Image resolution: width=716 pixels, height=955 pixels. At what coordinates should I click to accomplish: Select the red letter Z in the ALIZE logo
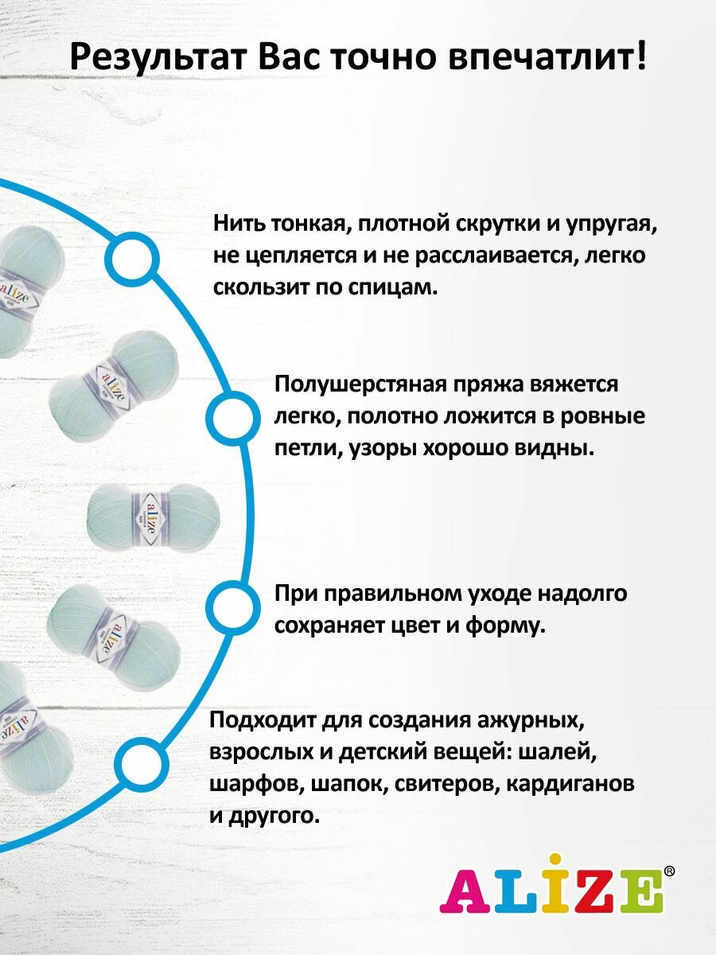(589, 892)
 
